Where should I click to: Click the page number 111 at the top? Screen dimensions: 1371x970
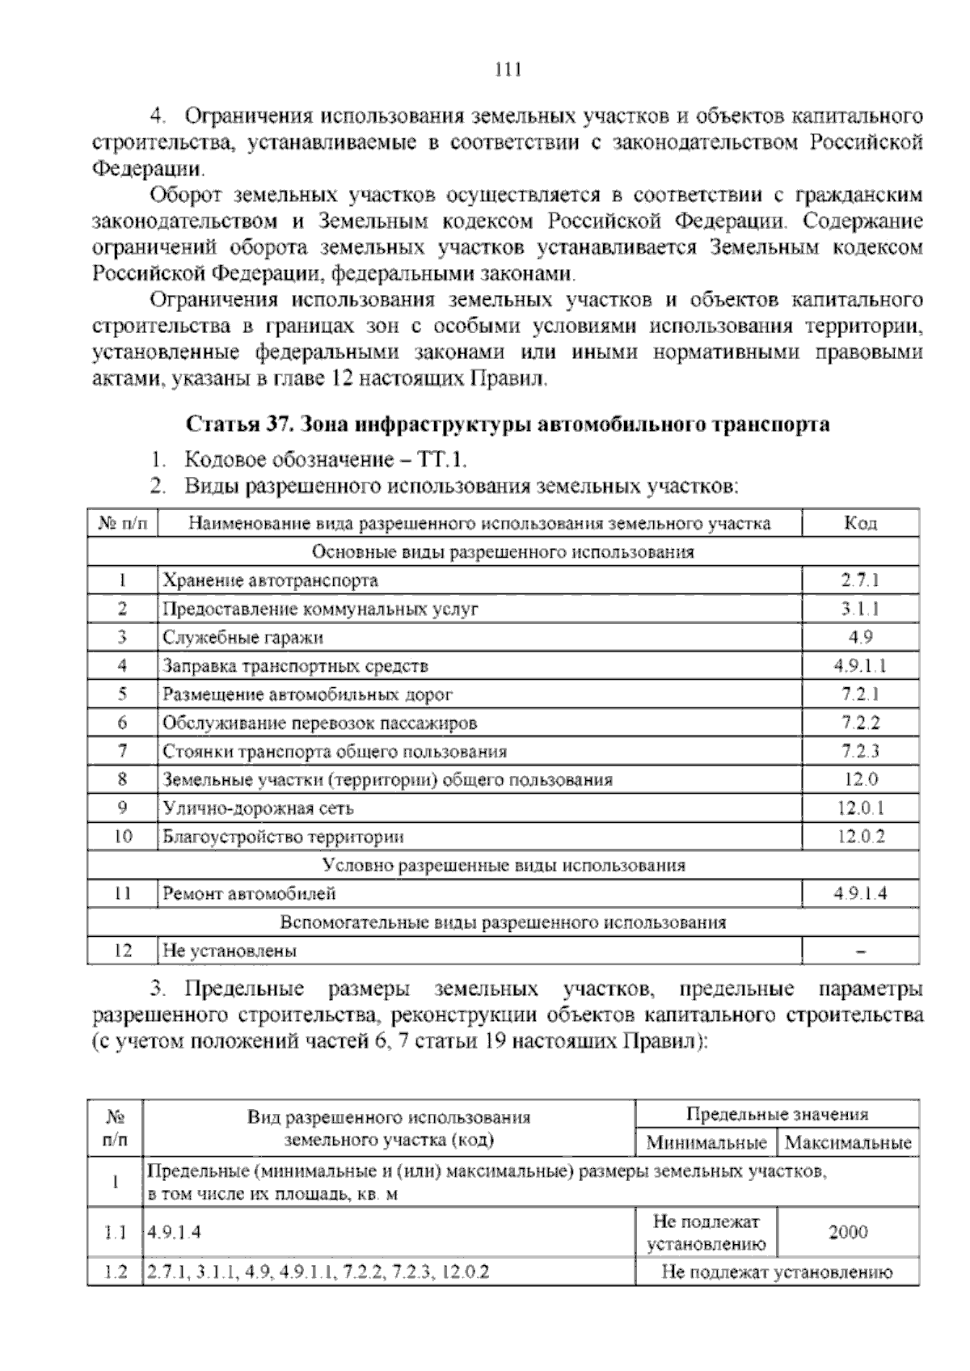508,70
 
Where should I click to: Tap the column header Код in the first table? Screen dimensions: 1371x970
860,523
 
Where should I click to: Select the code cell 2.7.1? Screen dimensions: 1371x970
860,580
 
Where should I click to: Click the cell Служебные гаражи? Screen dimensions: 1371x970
243,637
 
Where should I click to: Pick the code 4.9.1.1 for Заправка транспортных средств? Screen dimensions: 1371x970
860,665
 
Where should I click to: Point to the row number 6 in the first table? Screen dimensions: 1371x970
123,722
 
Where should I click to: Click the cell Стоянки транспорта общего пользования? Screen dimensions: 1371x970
335,751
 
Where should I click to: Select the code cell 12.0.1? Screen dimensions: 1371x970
860,808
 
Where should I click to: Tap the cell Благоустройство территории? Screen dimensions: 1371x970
283,837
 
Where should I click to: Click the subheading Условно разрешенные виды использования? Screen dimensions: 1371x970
504,865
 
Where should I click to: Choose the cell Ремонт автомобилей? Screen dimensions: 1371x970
249,893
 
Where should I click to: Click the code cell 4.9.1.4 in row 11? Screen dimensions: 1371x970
860,893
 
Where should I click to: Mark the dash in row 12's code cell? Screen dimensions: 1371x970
860,951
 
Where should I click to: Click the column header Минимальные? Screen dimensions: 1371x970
706,1143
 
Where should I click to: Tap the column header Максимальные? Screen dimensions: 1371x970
848,1143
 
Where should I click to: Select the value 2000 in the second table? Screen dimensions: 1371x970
848,1232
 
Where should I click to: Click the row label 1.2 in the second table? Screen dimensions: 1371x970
116,1272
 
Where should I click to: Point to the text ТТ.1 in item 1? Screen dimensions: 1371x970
441,460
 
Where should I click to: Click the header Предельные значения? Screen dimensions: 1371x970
777,1114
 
